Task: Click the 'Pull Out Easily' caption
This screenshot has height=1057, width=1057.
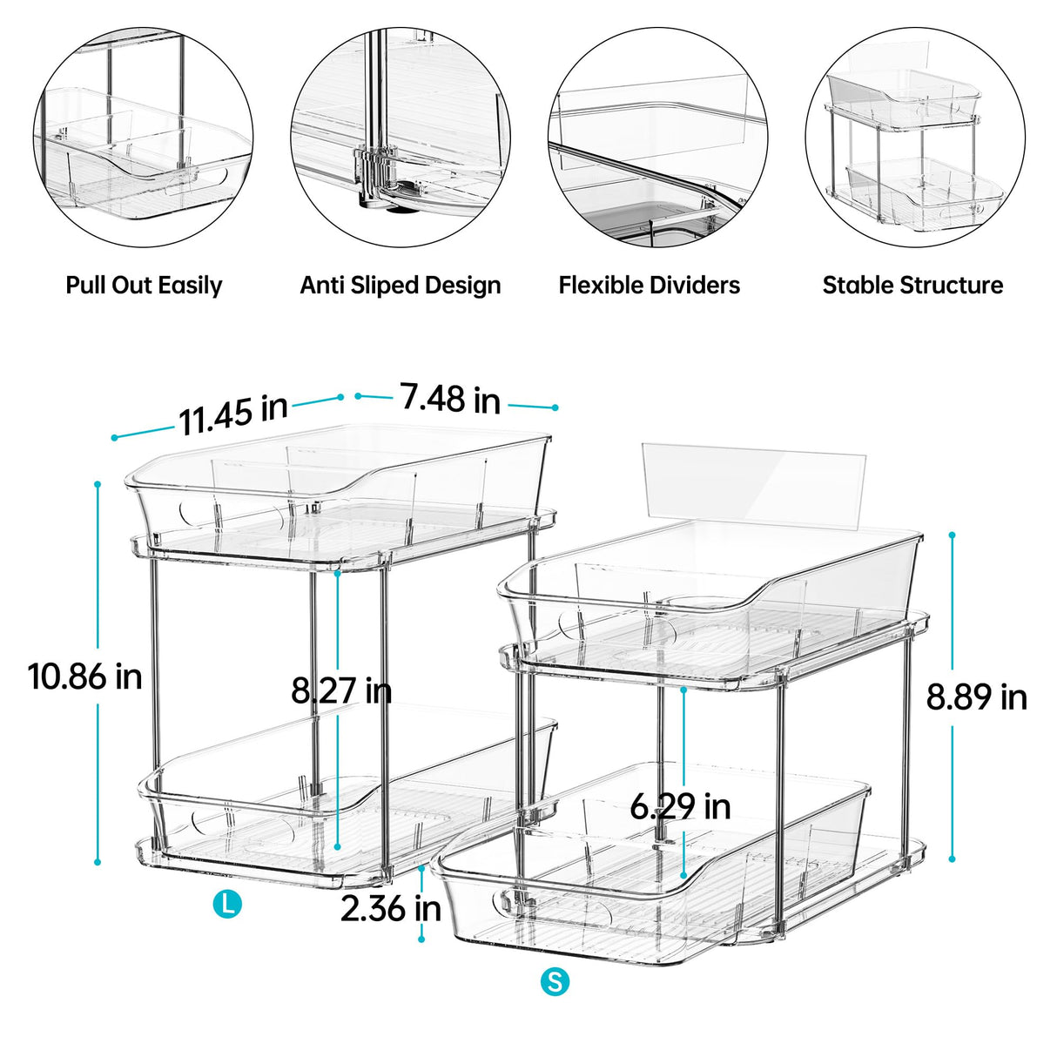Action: pyautogui.click(x=144, y=286)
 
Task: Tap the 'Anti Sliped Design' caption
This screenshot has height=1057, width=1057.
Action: pyautogui.click(x=401, y=286)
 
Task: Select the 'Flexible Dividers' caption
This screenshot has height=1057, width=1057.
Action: pyautogui.click(x=650, y=286)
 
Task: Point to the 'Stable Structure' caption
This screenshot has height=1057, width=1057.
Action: pyautogui.click(x=912, y=286)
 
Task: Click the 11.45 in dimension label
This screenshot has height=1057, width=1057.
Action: pyautogui.click(x=233, y=414)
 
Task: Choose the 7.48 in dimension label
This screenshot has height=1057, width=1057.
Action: pyautogui.click(x=450, y=399)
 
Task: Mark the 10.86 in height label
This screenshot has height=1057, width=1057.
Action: pyautogui.click(x=85, y=677)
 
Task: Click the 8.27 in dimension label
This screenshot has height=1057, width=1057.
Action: pyautogui.click(x=341, y=690)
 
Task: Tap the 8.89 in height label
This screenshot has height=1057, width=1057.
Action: pyautogui.click(x=976, y=697)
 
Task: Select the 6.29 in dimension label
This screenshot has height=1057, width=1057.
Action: pyautogui.click(x=680, y=807)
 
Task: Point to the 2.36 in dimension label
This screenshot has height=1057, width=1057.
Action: pyautogui.click(x=390, y=909)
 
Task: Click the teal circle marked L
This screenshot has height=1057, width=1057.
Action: pyautogui.click(x=227, y=904)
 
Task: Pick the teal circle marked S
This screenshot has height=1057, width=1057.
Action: pyautogui.click(x=555, y=982)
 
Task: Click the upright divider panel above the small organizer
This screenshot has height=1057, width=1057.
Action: pyautogui.click(x=754, y=483)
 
